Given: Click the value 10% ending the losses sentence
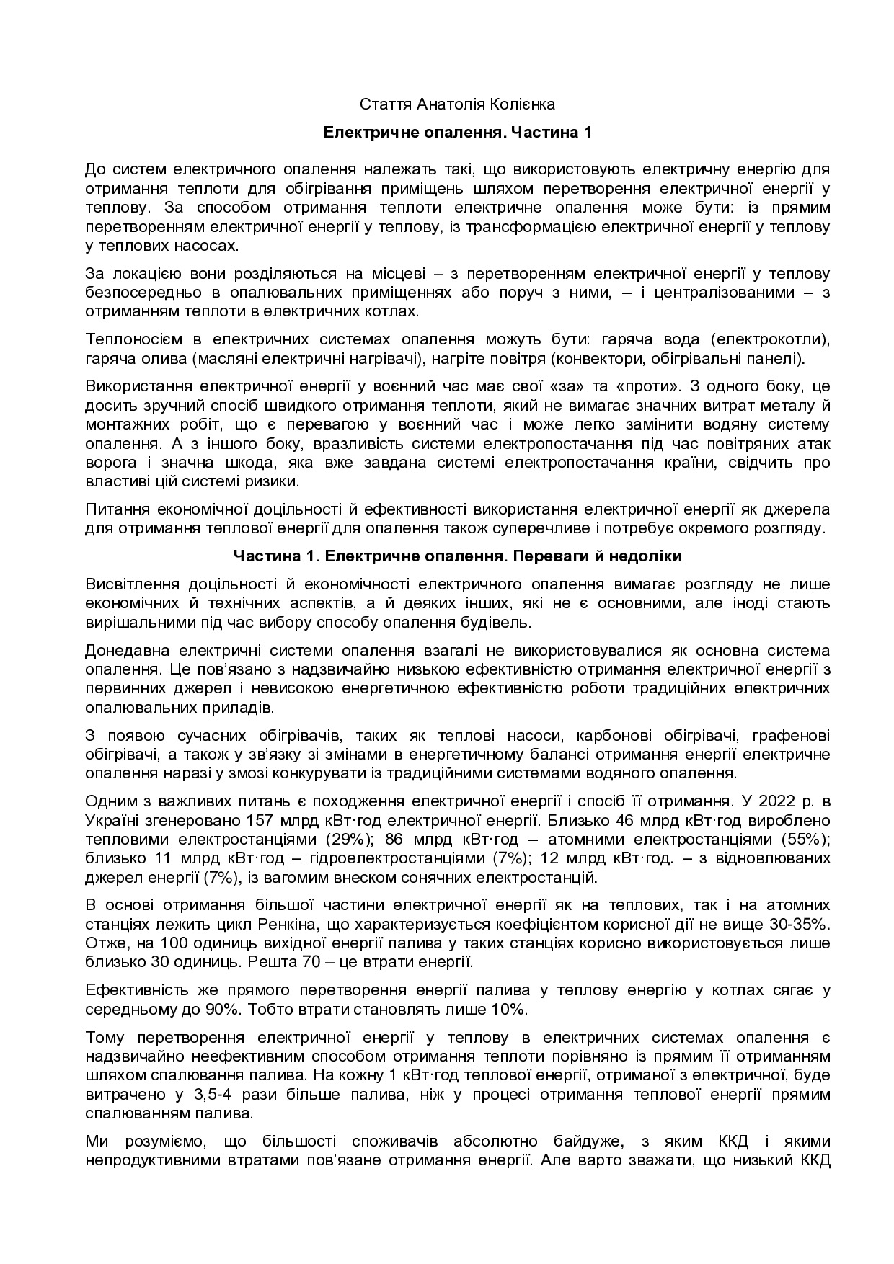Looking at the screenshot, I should tap(509, 1010).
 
